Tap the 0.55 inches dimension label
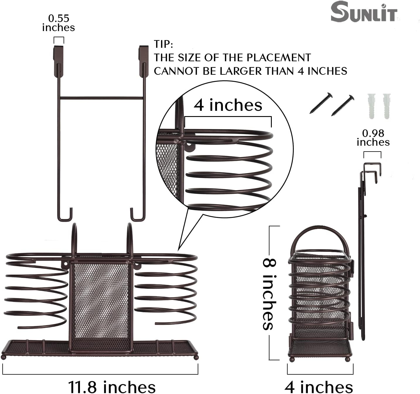(x=59, y=23)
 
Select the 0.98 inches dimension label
(x=373, y=137)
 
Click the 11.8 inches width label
(x=112, y=387)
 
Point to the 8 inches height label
(x=268, y=293)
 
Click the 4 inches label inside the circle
(x=228, y=105)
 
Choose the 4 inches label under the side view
(x=319, y=387)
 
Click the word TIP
(x=163, y=44)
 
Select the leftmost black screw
(x=321, y=103)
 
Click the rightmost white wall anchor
(x=387, y=106)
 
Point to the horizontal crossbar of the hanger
(x=101, y=98)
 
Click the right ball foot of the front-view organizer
(x=196, y=357)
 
